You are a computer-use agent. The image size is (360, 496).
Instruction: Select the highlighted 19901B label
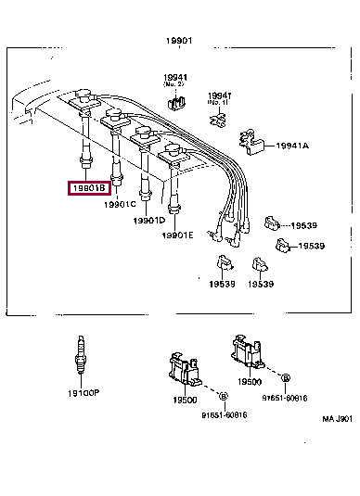pyautogui.click(x=88, y=188)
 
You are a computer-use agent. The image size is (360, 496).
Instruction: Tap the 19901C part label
pyautogui.click(x=121, y=203)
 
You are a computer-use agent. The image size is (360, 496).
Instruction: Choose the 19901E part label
pyautogui.click(x=177, y=235)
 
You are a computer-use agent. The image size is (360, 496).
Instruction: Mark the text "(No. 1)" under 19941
pyautogui.click(x=219, y=102)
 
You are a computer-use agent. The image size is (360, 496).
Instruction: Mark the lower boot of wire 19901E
pyautogui.click(x=174, y=207)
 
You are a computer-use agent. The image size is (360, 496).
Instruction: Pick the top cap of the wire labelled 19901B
pyautogui.click(x=80, y=96)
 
